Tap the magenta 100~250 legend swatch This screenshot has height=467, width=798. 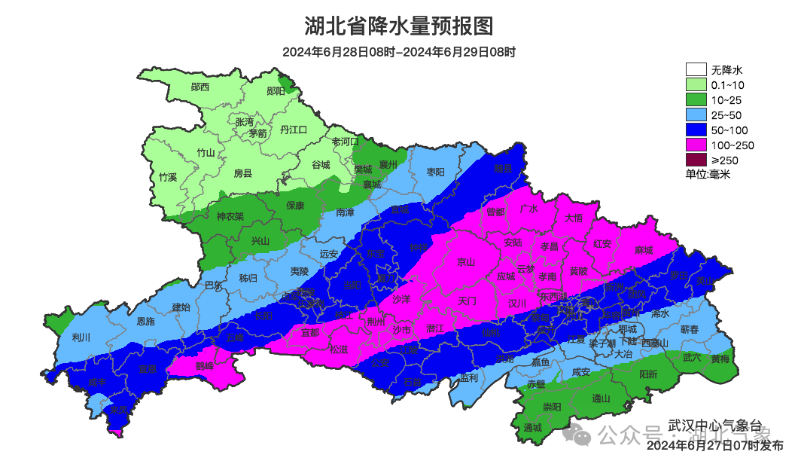tap(696, 145)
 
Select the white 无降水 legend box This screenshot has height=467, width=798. tap(696, 69)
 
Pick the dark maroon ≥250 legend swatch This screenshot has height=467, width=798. tap(696, 160)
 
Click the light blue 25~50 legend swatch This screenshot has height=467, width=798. tap(696, 114)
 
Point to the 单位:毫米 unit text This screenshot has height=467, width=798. tap(708, 174)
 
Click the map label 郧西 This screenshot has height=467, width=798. tap(200, 87)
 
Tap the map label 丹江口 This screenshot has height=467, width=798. tap(294, 130)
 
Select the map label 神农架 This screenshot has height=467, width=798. tap(230, 216)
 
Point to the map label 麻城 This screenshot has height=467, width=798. tap(644, 250)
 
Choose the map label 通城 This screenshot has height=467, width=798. tap(532, 427)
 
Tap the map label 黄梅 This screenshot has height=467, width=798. tap(720, 359)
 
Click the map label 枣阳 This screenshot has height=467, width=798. tap(435, 172)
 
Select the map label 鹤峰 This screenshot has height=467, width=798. tap(204, 365)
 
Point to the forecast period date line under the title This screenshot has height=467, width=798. tap(399, 52)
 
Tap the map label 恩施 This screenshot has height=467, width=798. tap(145, 322)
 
